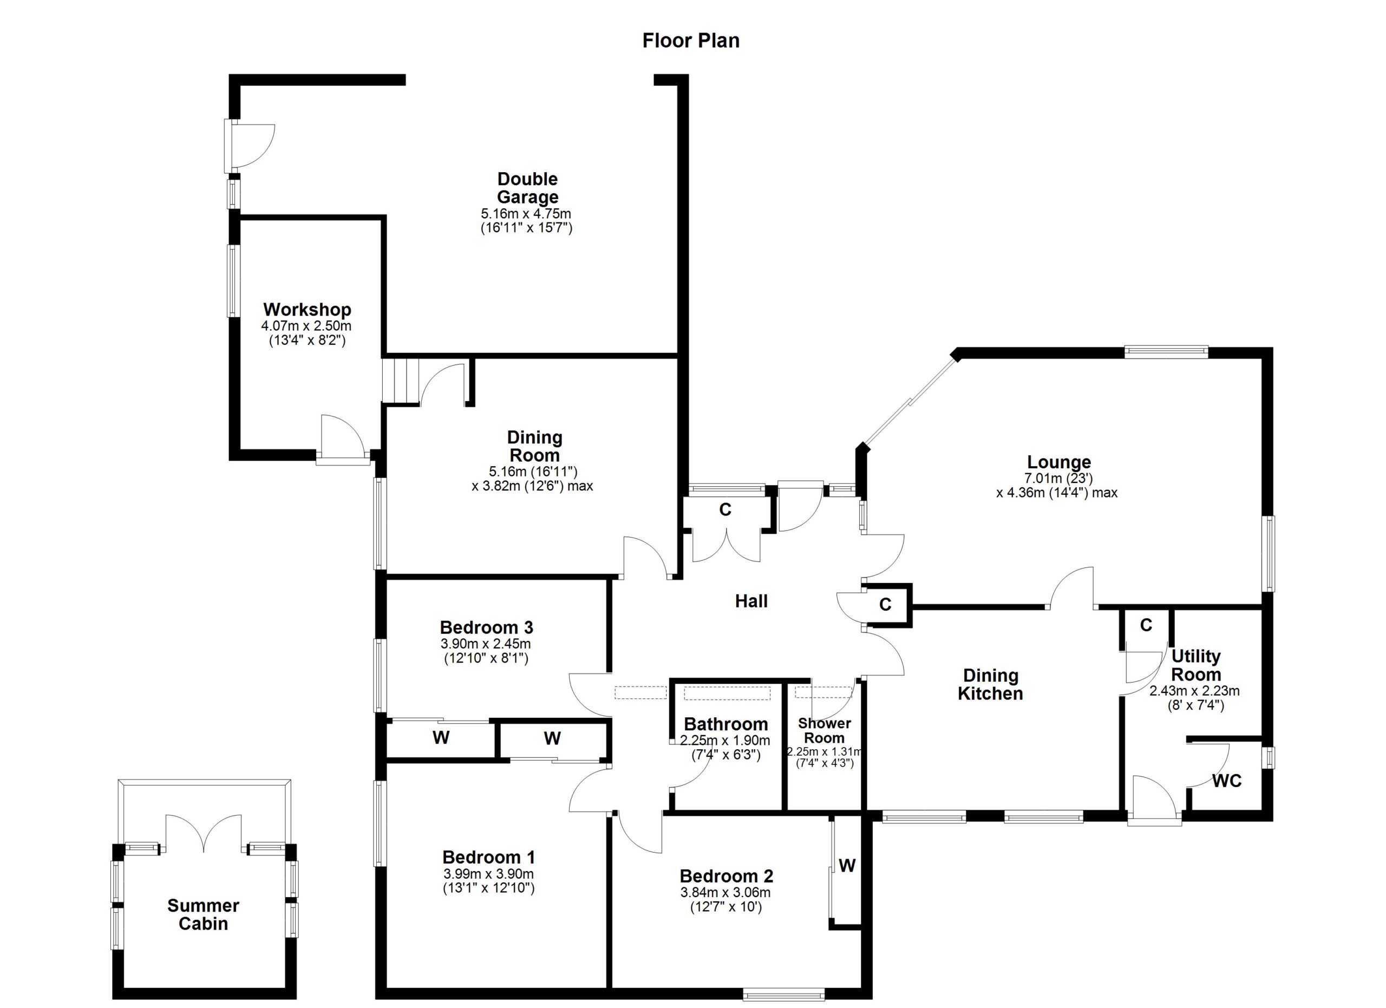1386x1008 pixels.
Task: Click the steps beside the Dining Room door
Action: (x=401, y=380)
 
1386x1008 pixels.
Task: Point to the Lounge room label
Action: (x=1058, y=462)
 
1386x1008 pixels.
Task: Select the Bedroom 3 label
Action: (x=486, y=627)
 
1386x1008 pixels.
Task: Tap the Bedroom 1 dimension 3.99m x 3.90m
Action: (x=488, y=874)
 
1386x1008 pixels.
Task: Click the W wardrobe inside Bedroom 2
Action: (x=846, y=866)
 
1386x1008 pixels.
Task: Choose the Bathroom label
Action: (x=725, y=724)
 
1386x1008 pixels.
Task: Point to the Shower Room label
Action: (x=824, y=730)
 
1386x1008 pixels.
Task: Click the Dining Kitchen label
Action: (x=990, y=684)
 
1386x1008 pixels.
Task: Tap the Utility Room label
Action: (x=1195, y=665)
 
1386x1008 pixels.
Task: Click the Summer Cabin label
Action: (x=203, y=914)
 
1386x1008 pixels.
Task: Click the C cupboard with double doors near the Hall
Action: (x=725, y=510)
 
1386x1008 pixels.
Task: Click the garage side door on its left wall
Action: (x=251, y=146)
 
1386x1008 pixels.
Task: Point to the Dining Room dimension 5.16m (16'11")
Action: (x=532, y=471)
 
